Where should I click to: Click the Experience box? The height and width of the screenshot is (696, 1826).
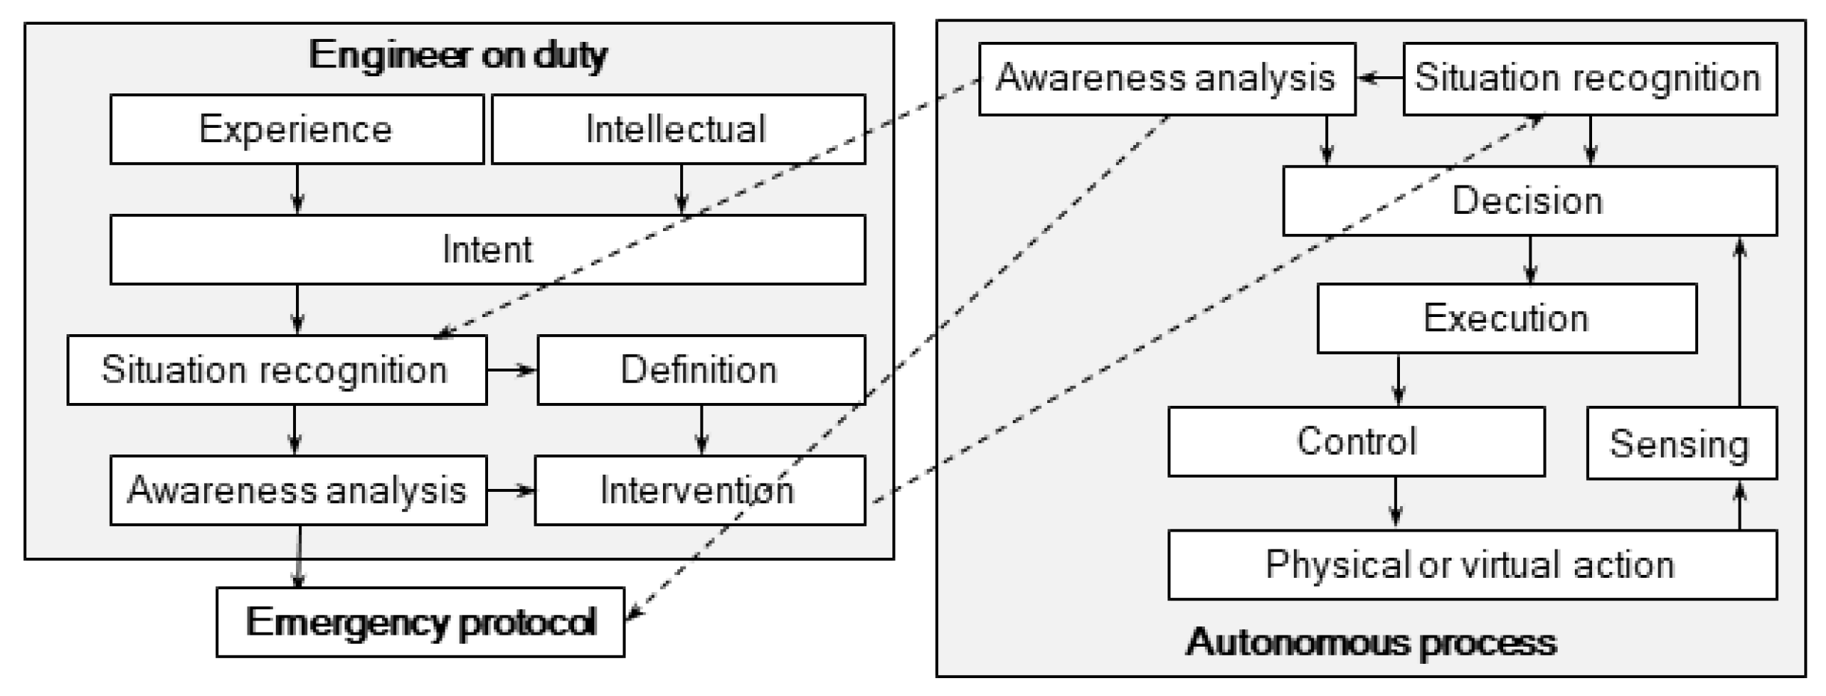(x=297, y=129)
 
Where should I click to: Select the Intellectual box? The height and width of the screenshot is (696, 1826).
(x=677, y=129)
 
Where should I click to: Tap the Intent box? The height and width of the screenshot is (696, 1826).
(x=487, y=250)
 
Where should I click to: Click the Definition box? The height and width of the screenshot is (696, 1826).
(x=700, y=370)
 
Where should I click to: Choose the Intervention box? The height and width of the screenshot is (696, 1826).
(x=699, y=490)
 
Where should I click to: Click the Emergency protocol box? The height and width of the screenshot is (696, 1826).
(x=420, y=622)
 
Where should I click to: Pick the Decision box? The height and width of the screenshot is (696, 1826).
(x=1529, y=201)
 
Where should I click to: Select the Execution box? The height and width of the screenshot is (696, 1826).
(x=1506, y=318)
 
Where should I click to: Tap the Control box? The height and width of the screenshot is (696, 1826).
(x=1356, y=442)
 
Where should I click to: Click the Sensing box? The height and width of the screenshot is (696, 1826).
(x=1680, y=444)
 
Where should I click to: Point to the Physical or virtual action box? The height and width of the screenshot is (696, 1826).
(x=1471, y=565)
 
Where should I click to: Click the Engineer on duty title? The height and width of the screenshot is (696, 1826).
(x=458, y=55)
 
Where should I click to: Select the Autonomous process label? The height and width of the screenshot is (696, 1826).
(x=1371, y=642)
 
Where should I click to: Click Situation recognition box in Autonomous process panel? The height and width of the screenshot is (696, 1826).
(x=1589, y=78)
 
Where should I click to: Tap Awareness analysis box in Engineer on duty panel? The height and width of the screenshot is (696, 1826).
(x=297, y=490)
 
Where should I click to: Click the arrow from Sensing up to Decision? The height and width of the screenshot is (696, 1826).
(x=1740, y=321)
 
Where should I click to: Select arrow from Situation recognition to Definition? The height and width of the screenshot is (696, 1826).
(x=512, y=370)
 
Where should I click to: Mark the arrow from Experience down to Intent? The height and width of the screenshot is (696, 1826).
(x=297, y=189)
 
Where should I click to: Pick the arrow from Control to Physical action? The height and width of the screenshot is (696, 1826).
(x=1395, y=502)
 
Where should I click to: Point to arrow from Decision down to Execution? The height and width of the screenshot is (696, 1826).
(x=1530, y=259)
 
